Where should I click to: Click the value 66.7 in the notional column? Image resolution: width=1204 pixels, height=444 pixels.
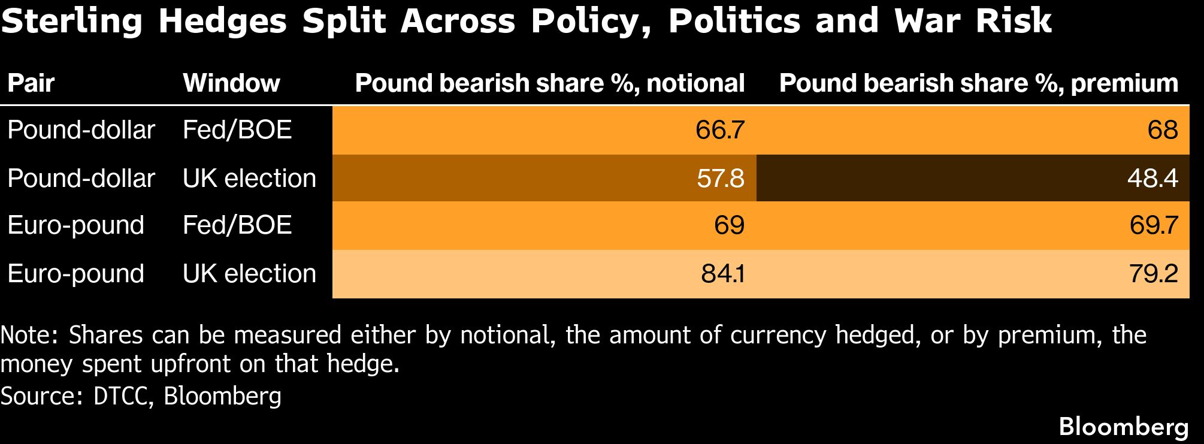tap(719, 130)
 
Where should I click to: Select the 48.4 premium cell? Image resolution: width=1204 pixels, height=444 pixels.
tap(1152, 178)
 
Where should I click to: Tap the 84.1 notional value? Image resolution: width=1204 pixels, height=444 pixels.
tap(722, 274)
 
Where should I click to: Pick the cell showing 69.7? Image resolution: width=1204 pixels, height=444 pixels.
tap(1154, 225)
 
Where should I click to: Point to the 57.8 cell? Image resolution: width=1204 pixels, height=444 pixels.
tap(720, 178)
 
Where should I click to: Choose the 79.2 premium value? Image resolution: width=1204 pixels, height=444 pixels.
tap(1154, 274)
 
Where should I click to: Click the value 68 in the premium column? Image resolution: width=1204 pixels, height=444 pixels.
tap(1163, 130)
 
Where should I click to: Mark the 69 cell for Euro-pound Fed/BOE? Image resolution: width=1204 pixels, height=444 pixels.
tap(729, 225)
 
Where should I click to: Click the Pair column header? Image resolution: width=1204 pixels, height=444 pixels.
tap(31, 83)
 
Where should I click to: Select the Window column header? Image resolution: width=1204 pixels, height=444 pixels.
tap(231, 83)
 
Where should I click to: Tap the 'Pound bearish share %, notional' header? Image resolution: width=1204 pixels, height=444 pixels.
tap(549, 83)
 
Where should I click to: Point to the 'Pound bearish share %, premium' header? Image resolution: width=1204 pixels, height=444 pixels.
tap(978, 83)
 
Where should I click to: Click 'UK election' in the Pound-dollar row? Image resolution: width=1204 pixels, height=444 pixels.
tap(249, 178)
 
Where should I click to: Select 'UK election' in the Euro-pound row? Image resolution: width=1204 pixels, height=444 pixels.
tap(249, 274)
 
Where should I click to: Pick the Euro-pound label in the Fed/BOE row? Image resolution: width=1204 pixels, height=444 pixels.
tap(76, 225)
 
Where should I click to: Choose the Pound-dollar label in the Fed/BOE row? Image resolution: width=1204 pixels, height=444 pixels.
tap(81, 130)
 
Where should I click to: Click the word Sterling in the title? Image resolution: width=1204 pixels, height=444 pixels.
tap(72, 22)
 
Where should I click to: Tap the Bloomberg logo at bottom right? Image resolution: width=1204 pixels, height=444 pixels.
tap(1123, 427)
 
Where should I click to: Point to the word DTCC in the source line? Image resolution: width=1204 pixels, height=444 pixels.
tap(120, 396)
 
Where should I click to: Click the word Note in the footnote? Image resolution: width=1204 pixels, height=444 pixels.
tap(28, 335)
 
